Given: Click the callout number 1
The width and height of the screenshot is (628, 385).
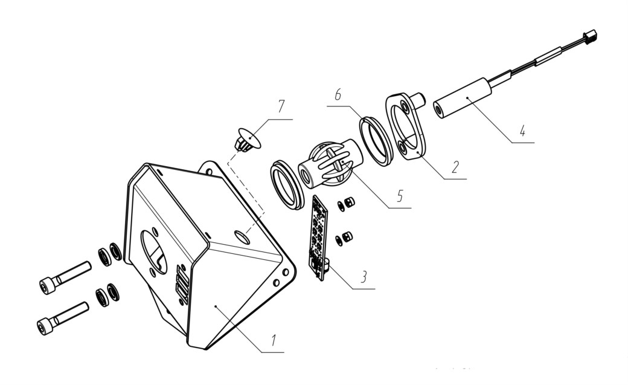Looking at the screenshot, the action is (274, 340).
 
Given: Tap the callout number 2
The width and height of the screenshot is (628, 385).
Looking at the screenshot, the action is (455, 166).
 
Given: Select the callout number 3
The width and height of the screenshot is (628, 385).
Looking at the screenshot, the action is (364, 277).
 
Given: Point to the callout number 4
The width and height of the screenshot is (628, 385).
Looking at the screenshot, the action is (522, 130).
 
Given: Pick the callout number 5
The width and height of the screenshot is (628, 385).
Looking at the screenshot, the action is (400, 195).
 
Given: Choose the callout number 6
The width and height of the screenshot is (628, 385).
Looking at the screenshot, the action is (338, 95).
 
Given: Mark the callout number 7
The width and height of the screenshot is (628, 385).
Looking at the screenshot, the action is (281, 106).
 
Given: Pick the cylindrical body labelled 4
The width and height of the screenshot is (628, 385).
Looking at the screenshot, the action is (463, 99).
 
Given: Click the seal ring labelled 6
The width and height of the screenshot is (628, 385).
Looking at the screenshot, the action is (374, 140).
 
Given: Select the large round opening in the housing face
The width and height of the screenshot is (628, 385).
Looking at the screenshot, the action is (153, 252).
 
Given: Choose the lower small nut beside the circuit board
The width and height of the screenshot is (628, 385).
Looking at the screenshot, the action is (345, 238).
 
